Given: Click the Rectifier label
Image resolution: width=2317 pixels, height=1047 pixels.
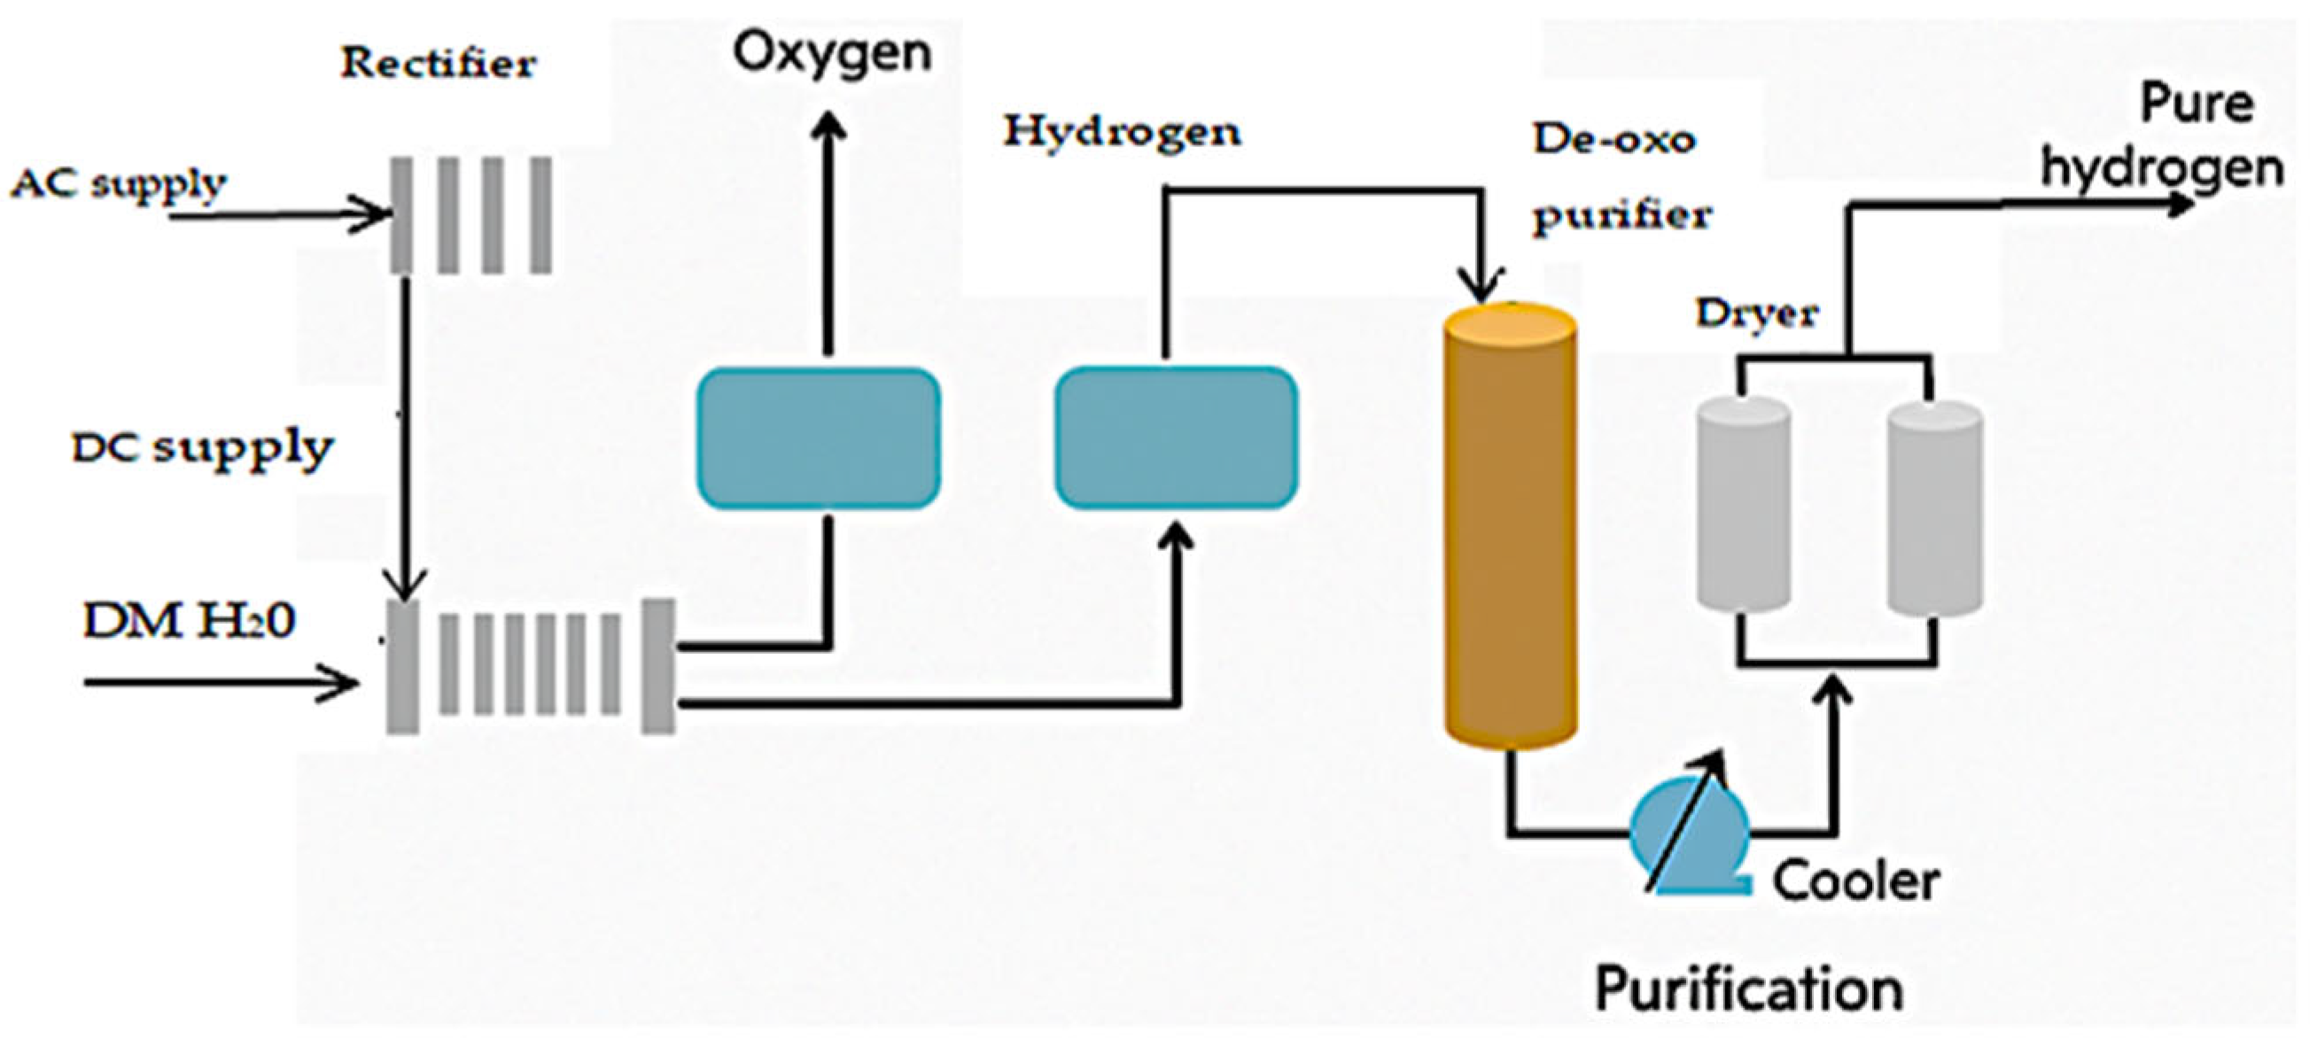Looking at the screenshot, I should coord(438,64).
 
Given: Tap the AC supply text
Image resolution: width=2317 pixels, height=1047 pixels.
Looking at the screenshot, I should coord(118,185).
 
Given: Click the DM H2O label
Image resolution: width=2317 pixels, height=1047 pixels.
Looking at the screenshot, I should coord(189,622).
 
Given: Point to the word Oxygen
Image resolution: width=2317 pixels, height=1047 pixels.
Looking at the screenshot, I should coord(832,53).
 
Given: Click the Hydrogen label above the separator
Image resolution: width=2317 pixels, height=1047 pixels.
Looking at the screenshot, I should coord(1122,133).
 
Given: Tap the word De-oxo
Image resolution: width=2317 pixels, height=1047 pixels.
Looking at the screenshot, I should coord(1613,139).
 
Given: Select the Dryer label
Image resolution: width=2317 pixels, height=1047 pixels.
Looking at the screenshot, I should coord(1756,314).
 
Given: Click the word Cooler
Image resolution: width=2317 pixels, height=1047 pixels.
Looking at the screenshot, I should coord(1855,881).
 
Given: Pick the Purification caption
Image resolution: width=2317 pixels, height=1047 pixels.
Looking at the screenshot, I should coord(1748,989).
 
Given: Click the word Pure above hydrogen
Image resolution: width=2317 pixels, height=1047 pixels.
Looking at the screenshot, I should coord(2196,105).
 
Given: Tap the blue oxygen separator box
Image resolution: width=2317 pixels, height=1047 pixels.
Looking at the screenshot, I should coord(819,438).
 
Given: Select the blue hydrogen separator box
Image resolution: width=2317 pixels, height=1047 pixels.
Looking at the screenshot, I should coord(1176,438).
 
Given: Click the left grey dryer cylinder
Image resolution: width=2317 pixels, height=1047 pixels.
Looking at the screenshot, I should coord(1742,508).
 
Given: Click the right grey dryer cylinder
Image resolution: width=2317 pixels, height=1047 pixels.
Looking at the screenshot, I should coord(1934,508).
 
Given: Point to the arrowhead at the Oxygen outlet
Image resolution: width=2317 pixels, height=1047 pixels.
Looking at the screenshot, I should coord(828,126).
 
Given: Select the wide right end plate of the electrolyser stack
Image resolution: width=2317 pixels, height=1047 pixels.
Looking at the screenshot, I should coord(657,665).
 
